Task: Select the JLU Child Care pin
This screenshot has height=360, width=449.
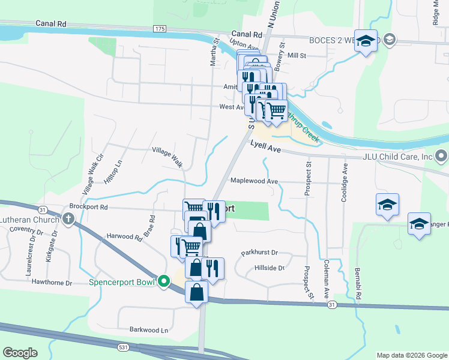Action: coord(442,157)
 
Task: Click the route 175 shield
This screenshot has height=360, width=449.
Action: coord(159,29)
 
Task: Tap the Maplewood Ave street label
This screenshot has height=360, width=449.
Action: coord(255,181)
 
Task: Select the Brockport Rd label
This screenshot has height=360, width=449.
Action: coord(88,206)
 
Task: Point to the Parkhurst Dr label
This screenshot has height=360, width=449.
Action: coord(261,253)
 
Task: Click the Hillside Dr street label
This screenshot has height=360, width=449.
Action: coord(269,268)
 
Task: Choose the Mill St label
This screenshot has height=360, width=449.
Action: coord(297,55)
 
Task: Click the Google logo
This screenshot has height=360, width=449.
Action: coord(20,353)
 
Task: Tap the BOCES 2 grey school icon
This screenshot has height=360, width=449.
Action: coord(390,40)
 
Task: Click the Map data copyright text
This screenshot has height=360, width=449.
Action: coord(411,355)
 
